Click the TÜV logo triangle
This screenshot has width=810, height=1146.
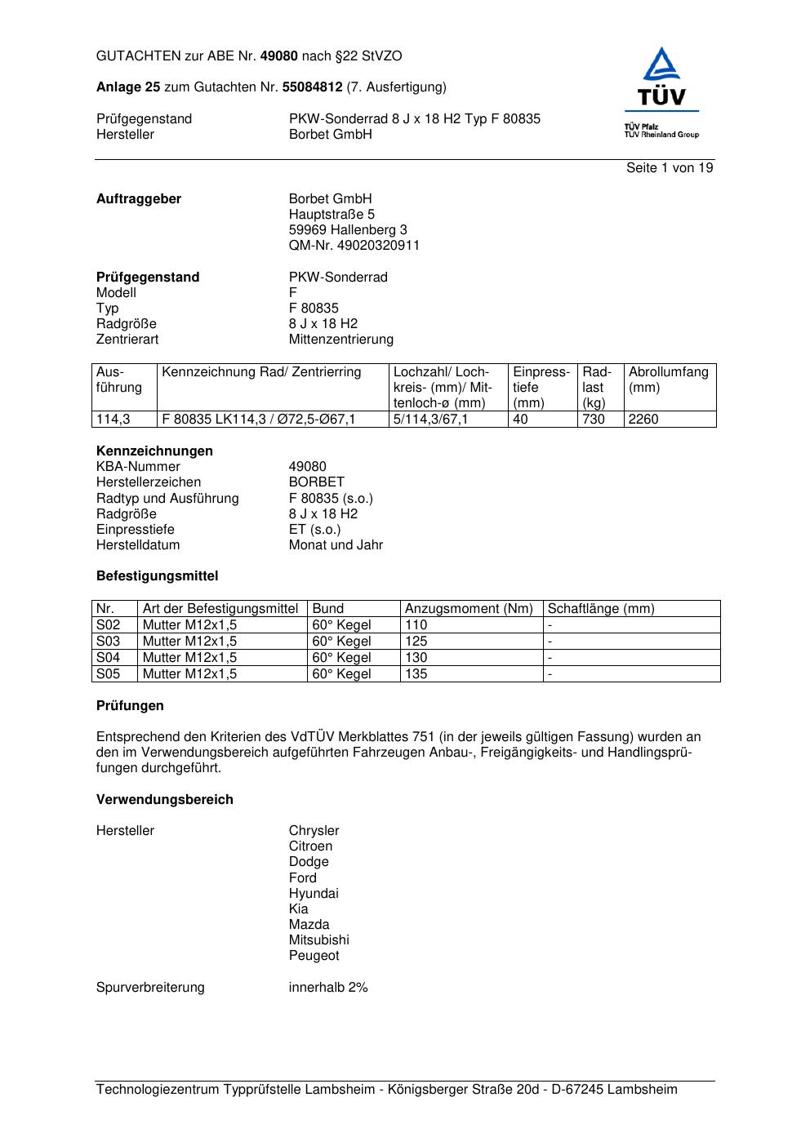(661, 65)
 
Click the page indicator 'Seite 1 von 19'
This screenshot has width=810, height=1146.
(670, 168)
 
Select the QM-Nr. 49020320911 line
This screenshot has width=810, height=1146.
(354, 246)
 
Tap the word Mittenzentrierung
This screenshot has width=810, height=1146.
(340, 340)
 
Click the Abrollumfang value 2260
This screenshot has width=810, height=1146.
(643, 420)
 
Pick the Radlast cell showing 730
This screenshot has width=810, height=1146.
(594, 420)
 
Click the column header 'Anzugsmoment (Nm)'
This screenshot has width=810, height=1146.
(469, 609)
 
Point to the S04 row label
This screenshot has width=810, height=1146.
(108, 658)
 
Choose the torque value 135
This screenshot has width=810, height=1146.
(416, 674)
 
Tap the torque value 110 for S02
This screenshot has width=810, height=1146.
(416, 625)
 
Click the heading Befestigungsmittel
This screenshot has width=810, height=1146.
(157, 576)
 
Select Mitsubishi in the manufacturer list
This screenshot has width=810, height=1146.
(318, 940)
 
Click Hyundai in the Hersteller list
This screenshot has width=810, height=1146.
(313, 894)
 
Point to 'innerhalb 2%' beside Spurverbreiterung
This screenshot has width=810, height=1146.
(327, 988)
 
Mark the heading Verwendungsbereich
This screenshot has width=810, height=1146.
(164, 800)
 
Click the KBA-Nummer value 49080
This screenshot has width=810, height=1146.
(307, 467)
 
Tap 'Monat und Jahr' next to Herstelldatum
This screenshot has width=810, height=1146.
(336, 545)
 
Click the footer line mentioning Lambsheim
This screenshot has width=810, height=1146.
(386, 1090)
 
